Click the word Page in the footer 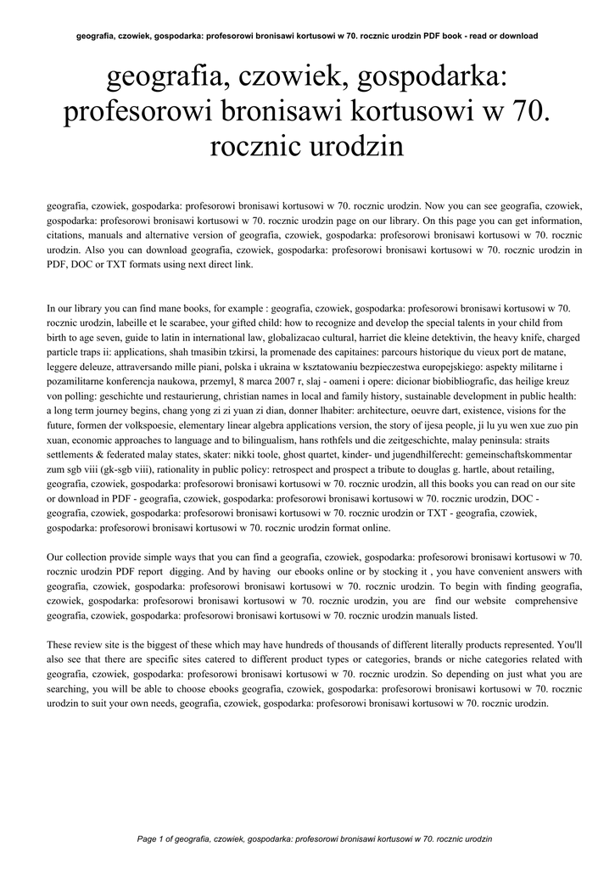[x=148, y=838]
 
